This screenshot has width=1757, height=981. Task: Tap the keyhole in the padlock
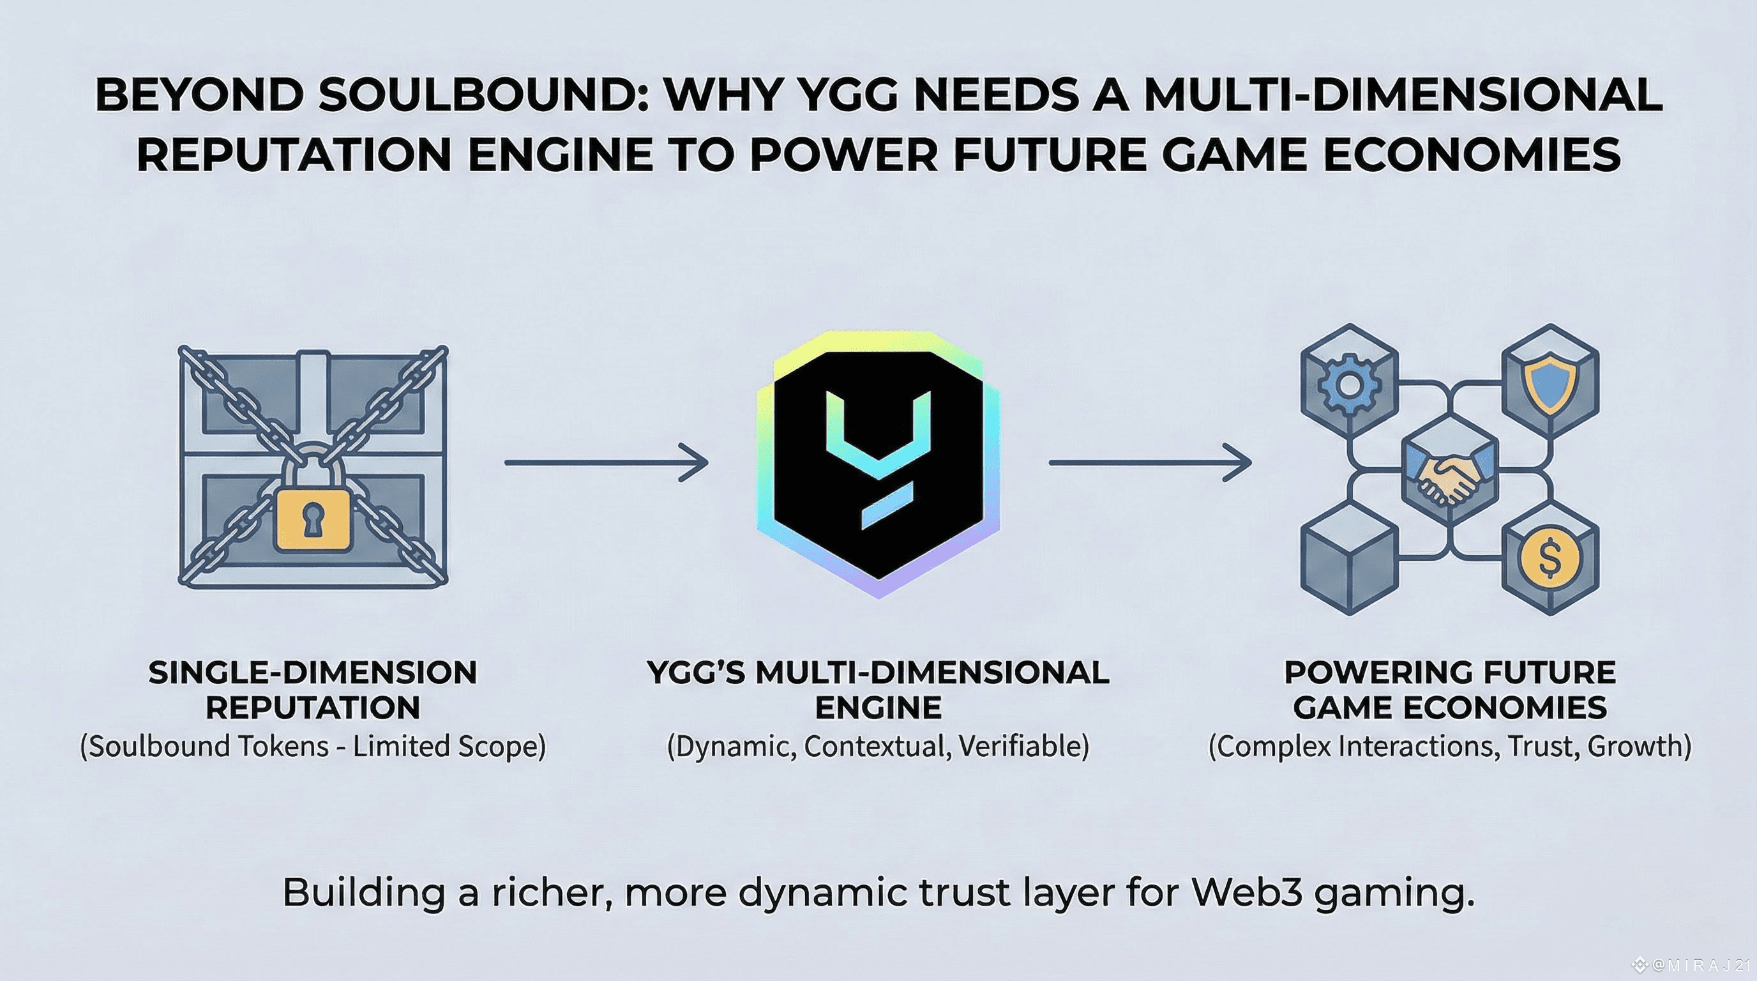[x=312, y=521]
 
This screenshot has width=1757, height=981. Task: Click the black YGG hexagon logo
[x=879, y=464]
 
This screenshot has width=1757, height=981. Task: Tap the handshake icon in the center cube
[x=1449, y=477]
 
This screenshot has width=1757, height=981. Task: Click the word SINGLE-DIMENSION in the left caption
[x=312, y=673]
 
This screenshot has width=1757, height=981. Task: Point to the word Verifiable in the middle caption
[x=1023, y=747]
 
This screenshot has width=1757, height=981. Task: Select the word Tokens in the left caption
[x=289, y=747]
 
